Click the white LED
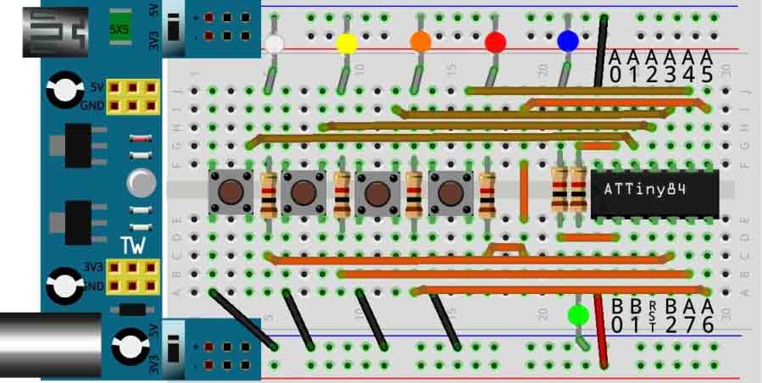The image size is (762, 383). coord(273,43)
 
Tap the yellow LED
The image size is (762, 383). coord(346,43)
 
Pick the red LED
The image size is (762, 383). coord(495,42)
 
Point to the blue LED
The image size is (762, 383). coord(568,41)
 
